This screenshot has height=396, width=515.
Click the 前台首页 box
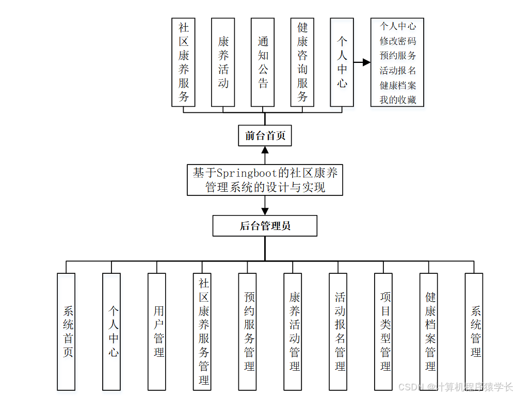point(265,136)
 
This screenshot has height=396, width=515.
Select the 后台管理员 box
point(265,226)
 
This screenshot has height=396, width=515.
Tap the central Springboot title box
point(265,179)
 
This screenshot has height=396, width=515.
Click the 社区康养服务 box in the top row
point(184,62)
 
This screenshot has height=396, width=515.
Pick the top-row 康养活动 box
point(223,62)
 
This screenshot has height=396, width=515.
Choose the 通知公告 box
point(263,62)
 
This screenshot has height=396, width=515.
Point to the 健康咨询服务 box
point(302,62)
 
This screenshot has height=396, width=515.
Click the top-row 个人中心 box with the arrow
point(342,62)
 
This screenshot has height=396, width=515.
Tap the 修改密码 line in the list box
point(397,41)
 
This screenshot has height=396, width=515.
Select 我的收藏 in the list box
point(397,100)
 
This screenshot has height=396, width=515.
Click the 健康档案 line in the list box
point(397,85)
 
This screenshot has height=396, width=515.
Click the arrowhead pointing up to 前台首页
point(265,150)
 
